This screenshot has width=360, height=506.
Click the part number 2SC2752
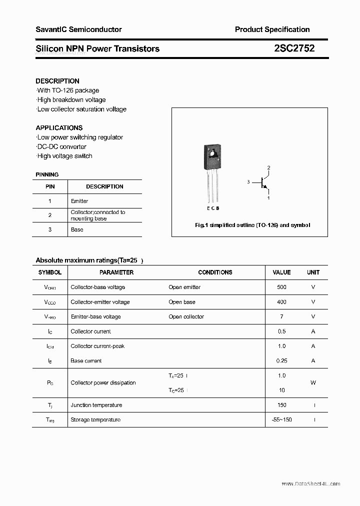click(294, 48)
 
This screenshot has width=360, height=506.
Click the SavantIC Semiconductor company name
click(78, 29)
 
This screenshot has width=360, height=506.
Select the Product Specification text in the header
click(272, 29)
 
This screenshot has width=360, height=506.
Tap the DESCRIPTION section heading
click(57, 81)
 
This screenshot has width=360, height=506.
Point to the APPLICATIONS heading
click(59, 128)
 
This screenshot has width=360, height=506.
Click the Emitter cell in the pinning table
click(79, 201)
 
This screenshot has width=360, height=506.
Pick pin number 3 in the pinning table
click(50, 229)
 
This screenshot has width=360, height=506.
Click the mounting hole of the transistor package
click(213, 153)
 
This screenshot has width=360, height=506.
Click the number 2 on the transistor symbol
click(268, 167)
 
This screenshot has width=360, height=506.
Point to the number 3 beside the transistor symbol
click(248, 182)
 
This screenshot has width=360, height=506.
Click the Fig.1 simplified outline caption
click(252, 225)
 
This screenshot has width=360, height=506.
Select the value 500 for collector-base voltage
click(281, 287)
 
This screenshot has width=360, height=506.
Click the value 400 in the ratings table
click(281, 302)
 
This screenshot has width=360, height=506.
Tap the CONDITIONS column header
click(215, 272)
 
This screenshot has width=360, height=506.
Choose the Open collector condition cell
click(186, 316)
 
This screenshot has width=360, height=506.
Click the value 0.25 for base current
click(281, 360)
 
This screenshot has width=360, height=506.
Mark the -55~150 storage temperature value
click(281, 419)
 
